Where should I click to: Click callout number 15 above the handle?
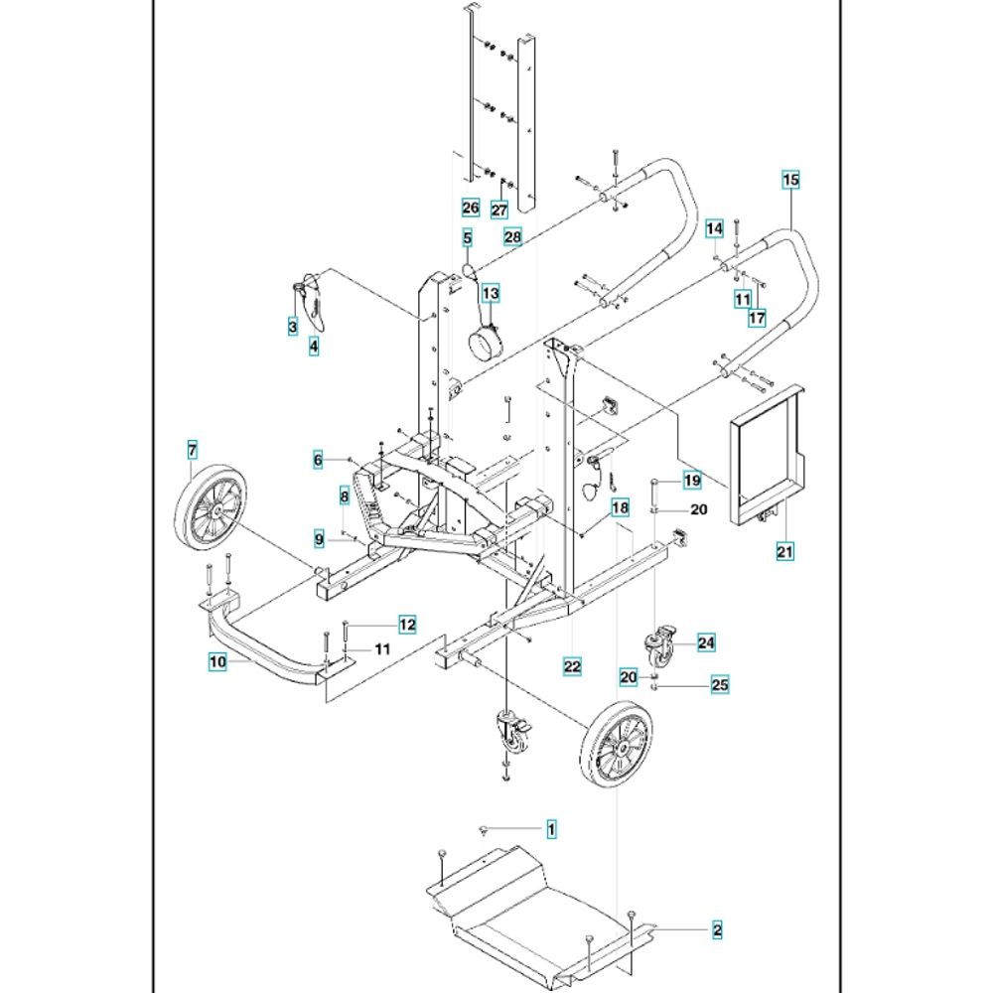click(x=790, y=180)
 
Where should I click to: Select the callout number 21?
click(x=784, y=551)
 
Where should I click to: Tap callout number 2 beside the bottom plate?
click(x=717, y=929)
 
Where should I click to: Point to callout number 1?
click(x=551, y=828)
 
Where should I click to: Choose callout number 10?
click(x=217, y=661)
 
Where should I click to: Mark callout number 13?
click(x=491, y=293)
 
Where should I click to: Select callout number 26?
click(x=471, y=208)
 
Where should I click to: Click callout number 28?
click(x=512, y=237)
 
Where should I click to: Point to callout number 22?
click(x=572, y=666)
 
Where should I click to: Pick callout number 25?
click(x=720, y=684)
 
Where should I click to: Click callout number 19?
click(x=692, y=480)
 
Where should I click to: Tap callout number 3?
click(x=293, y=327)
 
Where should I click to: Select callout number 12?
click(x=407, y=625)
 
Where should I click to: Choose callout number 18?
click(x=620, y=507)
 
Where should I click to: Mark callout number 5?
click(x=468, y=238)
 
